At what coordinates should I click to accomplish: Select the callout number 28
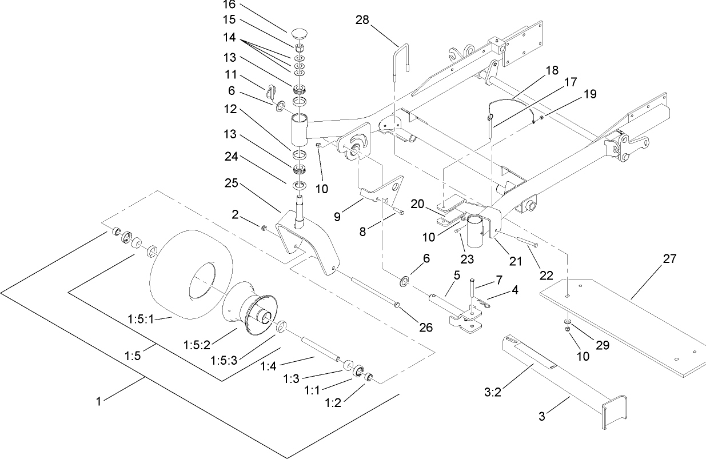point(362,20)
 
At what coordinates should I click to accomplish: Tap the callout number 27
point(669,259)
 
